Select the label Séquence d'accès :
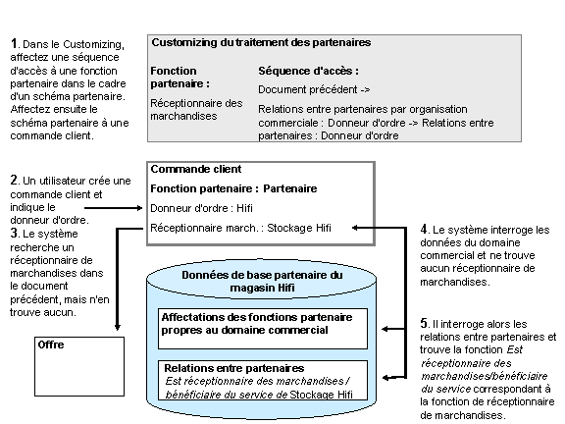(x=308, y=71)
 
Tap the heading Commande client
(x=196, y=169)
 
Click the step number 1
(x=14, y=43)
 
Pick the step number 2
(x=14, y=180)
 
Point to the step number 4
(x=424, y=230)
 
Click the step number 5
(x=424, y=323)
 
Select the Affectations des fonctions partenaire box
(x=262, y=324)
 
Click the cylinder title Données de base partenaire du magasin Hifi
(x=261, y=281)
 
